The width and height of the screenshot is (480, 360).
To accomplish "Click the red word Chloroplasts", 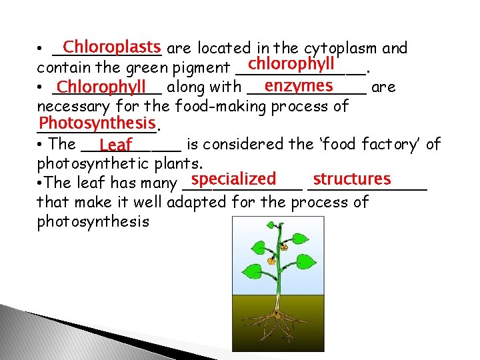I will coord(113,48).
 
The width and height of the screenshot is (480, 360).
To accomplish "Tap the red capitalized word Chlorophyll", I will coord(101,87).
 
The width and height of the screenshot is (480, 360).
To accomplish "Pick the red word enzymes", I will coord(299,86).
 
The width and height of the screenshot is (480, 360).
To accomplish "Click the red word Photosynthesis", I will coord(97,123).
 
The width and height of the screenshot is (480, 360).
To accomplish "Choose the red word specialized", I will coord(233,179).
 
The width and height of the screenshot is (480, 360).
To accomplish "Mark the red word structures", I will coord(351,179).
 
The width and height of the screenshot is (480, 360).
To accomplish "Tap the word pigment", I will coord(200,68).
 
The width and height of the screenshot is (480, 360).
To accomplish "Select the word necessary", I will coord(73,106).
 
